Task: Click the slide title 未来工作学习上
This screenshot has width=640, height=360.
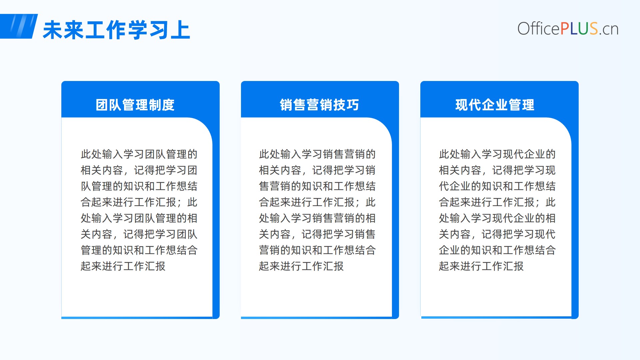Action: coord(116,30)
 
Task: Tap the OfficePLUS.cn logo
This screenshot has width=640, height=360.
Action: coord(568,29)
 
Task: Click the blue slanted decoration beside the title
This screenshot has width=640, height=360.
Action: coord(19,26)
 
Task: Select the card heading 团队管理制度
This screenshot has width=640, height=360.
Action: coord(135,105)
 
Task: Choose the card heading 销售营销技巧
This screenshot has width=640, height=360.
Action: coord(319,105)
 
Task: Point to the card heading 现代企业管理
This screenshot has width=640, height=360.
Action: coord(495,105)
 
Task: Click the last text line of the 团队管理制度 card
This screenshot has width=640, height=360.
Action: coord(123,266)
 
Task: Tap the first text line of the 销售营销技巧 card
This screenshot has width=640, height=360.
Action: coord(317,154)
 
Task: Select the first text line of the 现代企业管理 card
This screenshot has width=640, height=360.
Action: coord(497,154)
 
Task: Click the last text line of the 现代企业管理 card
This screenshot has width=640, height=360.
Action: coord(481,266)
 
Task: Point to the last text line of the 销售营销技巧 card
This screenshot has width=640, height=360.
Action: coord(301,266)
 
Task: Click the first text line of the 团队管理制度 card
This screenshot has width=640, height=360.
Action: coord(139,154)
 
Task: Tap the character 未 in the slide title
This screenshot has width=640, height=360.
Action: coord(53,30)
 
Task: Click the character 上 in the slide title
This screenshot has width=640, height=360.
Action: coord(180,30)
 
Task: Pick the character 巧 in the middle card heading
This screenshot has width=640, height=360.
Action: coord(353,105)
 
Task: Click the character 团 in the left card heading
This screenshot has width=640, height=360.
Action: coord(102,105)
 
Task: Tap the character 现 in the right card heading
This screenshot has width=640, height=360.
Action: coord(462,105)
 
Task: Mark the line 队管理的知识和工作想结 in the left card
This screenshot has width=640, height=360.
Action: coord(139,186)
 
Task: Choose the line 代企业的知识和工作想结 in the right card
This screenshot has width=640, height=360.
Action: coord(497,186)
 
